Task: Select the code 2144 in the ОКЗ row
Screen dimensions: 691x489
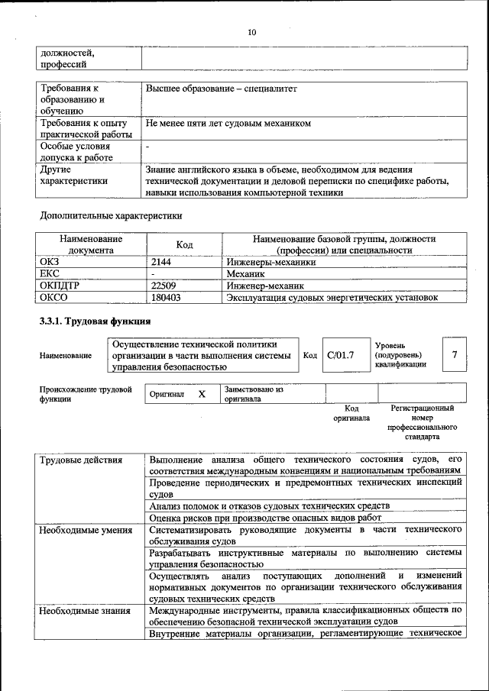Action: [x=164, y=261]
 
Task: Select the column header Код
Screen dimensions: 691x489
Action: [x=184, y=244]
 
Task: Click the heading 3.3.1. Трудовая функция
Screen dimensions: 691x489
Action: [x=89, y=320]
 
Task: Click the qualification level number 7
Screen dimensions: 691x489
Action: [x=455, y=354]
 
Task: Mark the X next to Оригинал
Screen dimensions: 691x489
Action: [x=202, y=394]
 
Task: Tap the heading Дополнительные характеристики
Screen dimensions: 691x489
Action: [x=112, y=215]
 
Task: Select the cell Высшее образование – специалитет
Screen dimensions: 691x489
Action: [x=221, y=89]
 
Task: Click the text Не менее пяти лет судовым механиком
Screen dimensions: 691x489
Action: [x=228, y=123]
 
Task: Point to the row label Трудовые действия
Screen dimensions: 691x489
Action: [x=79, y=460]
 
